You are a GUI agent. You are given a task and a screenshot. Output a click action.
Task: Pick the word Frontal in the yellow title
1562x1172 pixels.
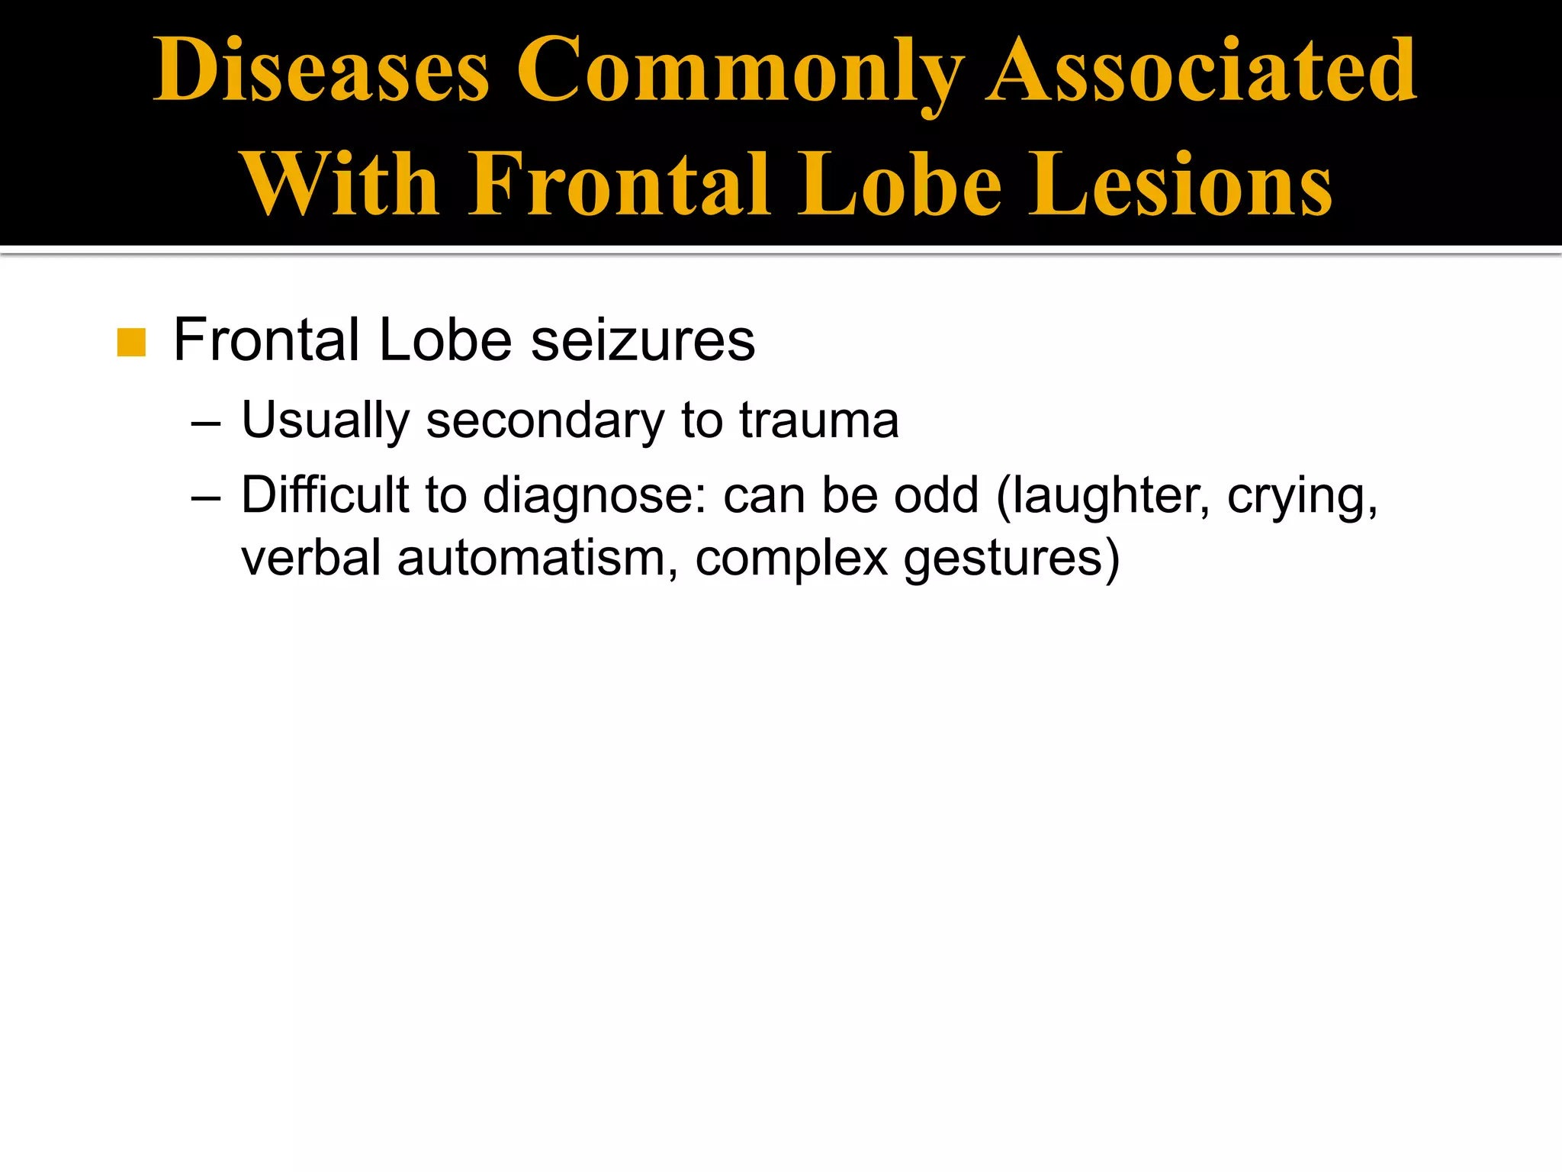[x=619, y=184]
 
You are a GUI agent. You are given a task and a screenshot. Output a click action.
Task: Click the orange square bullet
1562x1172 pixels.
[x=131, y=343]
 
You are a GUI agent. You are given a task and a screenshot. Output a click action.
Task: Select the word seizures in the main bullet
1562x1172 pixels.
[x=642, y=340]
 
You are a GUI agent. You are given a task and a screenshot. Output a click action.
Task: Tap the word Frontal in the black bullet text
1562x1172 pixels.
[x=266, y=340]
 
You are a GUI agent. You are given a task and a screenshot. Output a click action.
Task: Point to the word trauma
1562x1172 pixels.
[x=819, y=421]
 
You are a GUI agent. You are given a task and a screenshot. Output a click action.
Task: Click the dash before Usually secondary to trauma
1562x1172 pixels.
[x=206, y=422]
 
